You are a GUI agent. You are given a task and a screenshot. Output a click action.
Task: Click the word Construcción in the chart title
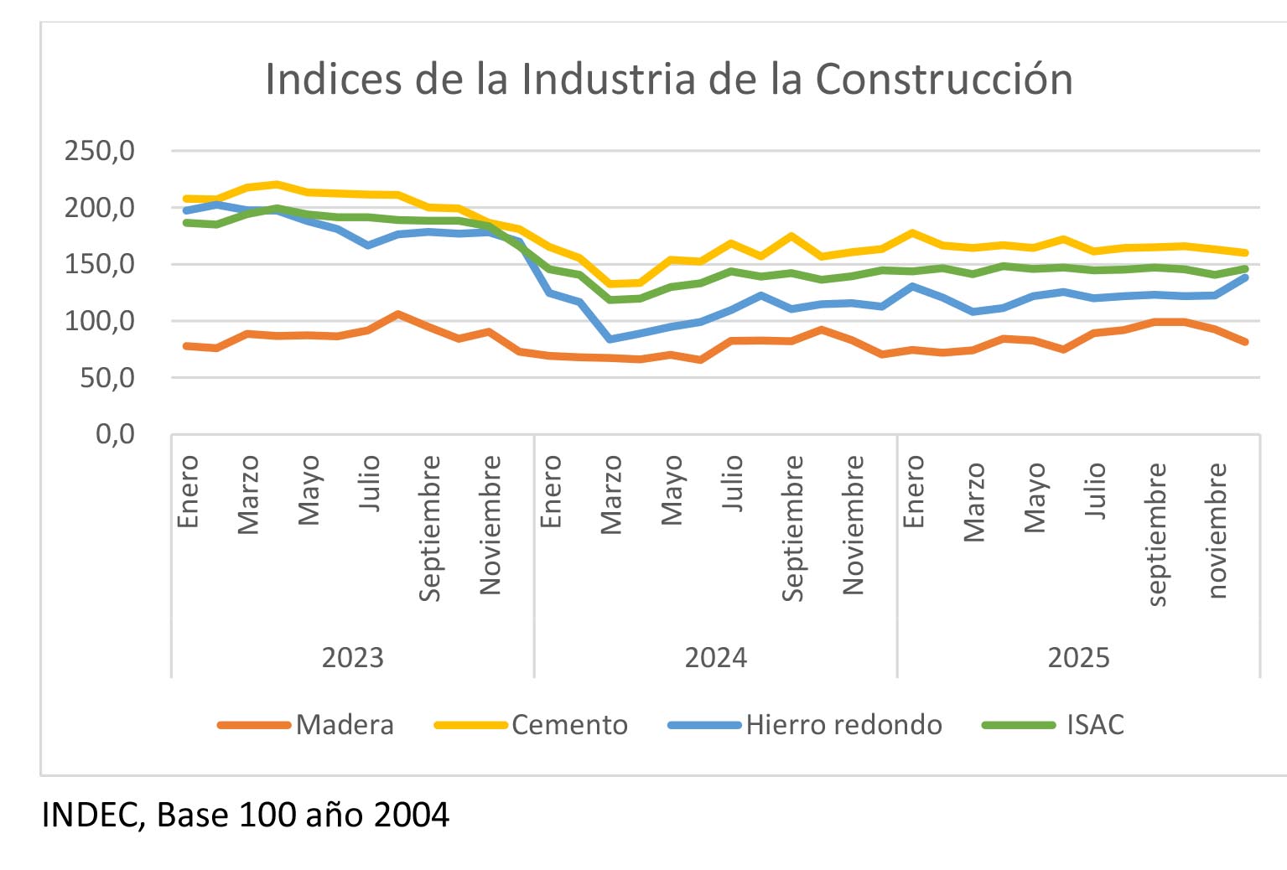point(944,80)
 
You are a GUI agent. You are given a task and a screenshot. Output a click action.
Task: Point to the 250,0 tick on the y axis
point(100,151)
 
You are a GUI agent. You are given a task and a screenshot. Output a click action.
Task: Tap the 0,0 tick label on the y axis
point(115,434)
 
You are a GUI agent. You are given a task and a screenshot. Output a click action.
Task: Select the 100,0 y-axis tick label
point(100,321)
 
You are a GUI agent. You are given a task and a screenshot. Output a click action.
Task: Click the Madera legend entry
point(344,725)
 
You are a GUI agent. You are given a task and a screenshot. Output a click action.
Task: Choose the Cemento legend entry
point(569,725)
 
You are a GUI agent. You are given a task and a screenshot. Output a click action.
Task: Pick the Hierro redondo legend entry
point(843,725)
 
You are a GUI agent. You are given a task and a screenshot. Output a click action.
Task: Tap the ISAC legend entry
point(1094,725)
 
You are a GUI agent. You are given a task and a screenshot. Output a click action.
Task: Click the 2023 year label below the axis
point(352,658)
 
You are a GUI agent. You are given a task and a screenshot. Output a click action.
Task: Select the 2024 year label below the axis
point(715,658)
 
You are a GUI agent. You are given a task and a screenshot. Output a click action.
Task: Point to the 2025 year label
point(1078,658)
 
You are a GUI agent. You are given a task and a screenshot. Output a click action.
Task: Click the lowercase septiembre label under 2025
point(1156,534)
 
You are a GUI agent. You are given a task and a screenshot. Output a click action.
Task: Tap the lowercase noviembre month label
point(1217,531)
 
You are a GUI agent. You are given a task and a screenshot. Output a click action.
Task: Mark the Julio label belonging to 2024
point(733,483)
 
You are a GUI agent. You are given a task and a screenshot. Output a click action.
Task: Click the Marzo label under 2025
point(974,502)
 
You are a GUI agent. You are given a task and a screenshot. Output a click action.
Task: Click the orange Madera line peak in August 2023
point(398,314)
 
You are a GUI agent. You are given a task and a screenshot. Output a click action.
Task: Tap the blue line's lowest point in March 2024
point(610,339)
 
